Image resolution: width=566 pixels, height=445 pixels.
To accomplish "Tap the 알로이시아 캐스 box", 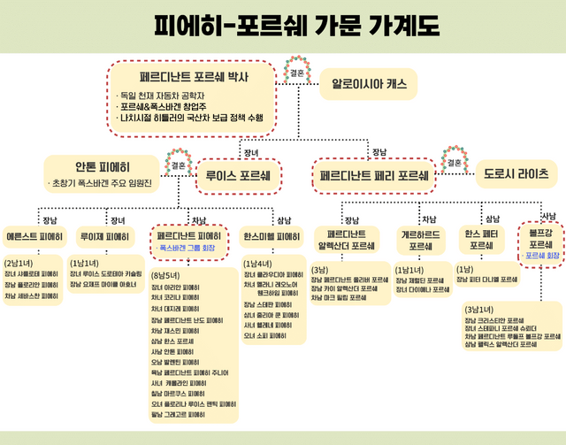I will [370, 84].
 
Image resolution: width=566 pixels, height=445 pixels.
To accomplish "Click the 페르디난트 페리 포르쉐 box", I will [375, 174].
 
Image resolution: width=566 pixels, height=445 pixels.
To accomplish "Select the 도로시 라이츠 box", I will [516, 173].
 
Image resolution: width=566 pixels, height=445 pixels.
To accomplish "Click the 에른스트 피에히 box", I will [34, 237].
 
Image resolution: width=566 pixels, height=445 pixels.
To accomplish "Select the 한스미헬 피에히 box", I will [272, 237].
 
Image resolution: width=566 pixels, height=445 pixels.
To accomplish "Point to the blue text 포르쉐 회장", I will [541, 256].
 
